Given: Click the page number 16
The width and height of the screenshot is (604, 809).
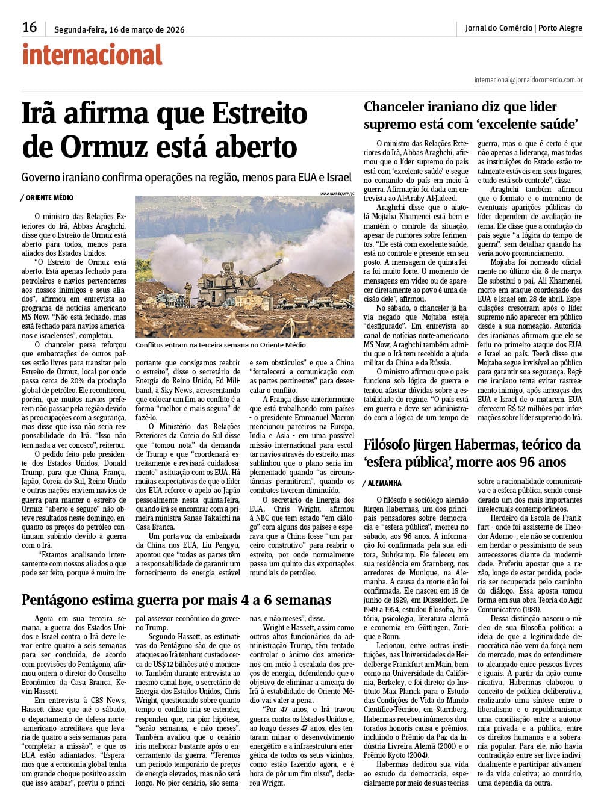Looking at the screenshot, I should click(x=30, y=27).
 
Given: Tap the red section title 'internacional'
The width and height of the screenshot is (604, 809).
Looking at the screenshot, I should click(x=93, y=55).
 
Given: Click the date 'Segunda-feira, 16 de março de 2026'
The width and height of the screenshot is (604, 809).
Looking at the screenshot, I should click(x=119, y=29).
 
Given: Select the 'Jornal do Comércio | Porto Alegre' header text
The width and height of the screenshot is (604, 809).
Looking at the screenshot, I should click(x=523, y=28).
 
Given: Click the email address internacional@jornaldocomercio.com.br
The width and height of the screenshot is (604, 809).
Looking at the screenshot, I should click(x=528, y=79).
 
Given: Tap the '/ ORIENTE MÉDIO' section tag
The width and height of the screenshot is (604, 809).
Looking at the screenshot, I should click(x=47, y=198).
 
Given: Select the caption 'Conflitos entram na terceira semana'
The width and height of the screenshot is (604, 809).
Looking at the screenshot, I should click(x=220, y=345).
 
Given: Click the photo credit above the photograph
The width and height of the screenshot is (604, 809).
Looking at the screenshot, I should click(x=337, y=193).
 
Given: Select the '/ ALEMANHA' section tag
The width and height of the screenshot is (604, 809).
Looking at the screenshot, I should click(x=382, y=483).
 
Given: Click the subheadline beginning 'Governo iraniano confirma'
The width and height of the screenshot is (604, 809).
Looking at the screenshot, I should click(x=185, y=178).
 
